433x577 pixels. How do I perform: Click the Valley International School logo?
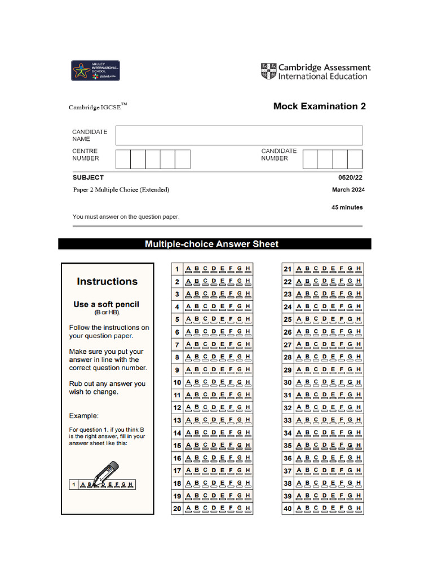[x=95, y=70]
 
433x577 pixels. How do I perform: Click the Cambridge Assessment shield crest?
[x=268, y=71]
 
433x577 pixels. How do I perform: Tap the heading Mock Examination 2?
[x=319, y=106]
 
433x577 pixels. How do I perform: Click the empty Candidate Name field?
[x=239, y=135]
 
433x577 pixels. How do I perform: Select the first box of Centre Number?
[x=123, y=159]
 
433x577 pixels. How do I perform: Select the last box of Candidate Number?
[x=355, y=159]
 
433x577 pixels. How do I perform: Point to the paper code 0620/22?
[x=351, y=177]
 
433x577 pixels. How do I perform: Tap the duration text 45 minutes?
[x=347, y=207]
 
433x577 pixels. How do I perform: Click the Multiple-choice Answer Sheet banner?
[x=212, y=244]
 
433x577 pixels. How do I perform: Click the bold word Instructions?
[x=107, y=282]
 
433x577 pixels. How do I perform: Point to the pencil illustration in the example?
[x=106, y=472]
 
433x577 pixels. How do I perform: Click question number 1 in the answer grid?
[x=177, y=269]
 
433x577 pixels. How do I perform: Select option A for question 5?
[x=188, y=319]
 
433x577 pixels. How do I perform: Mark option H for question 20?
[x=248, y=509]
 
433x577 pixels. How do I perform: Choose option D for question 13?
[x=214, y=420]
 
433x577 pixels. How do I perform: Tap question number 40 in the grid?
[x=288, y=509]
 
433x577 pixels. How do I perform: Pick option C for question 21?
[x=316, y=269]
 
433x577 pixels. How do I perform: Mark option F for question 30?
[x=341, y=383]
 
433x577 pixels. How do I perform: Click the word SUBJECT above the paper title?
[x=88, y=177]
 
